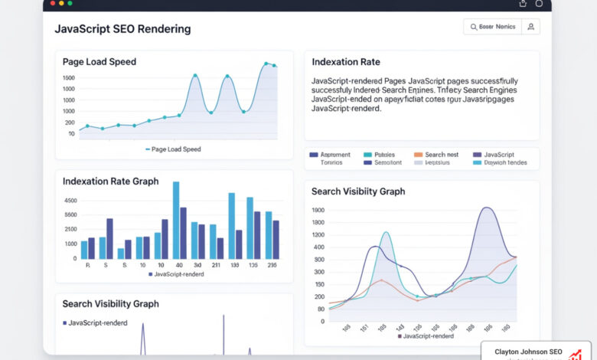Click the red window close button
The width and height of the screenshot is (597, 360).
pos(51,4)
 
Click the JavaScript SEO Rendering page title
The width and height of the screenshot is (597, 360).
pos(122,29)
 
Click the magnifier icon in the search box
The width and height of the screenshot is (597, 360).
pos(471,27)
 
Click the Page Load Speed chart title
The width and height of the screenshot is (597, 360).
pos(99,61)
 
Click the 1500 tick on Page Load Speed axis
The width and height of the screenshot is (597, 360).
pos(69,78)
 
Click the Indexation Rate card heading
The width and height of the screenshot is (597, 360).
pos(346,61)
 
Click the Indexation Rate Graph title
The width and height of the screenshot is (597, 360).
pos(111,182)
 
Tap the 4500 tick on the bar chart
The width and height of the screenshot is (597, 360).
pos(70,201)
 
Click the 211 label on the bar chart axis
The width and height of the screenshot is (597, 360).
pos(215,265)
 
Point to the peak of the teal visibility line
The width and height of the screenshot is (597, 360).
pos(386,232)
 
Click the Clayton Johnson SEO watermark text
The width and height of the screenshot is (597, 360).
pos(528,352)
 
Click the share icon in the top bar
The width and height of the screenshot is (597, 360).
pos(523,4)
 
